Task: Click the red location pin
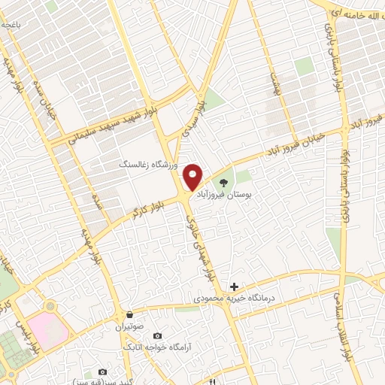point(193,176)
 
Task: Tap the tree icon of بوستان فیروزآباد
point(223,182)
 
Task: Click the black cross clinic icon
point(234,286)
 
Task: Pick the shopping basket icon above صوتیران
point(129,314)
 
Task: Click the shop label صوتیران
point(129,327)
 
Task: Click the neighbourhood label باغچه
point(11,26)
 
